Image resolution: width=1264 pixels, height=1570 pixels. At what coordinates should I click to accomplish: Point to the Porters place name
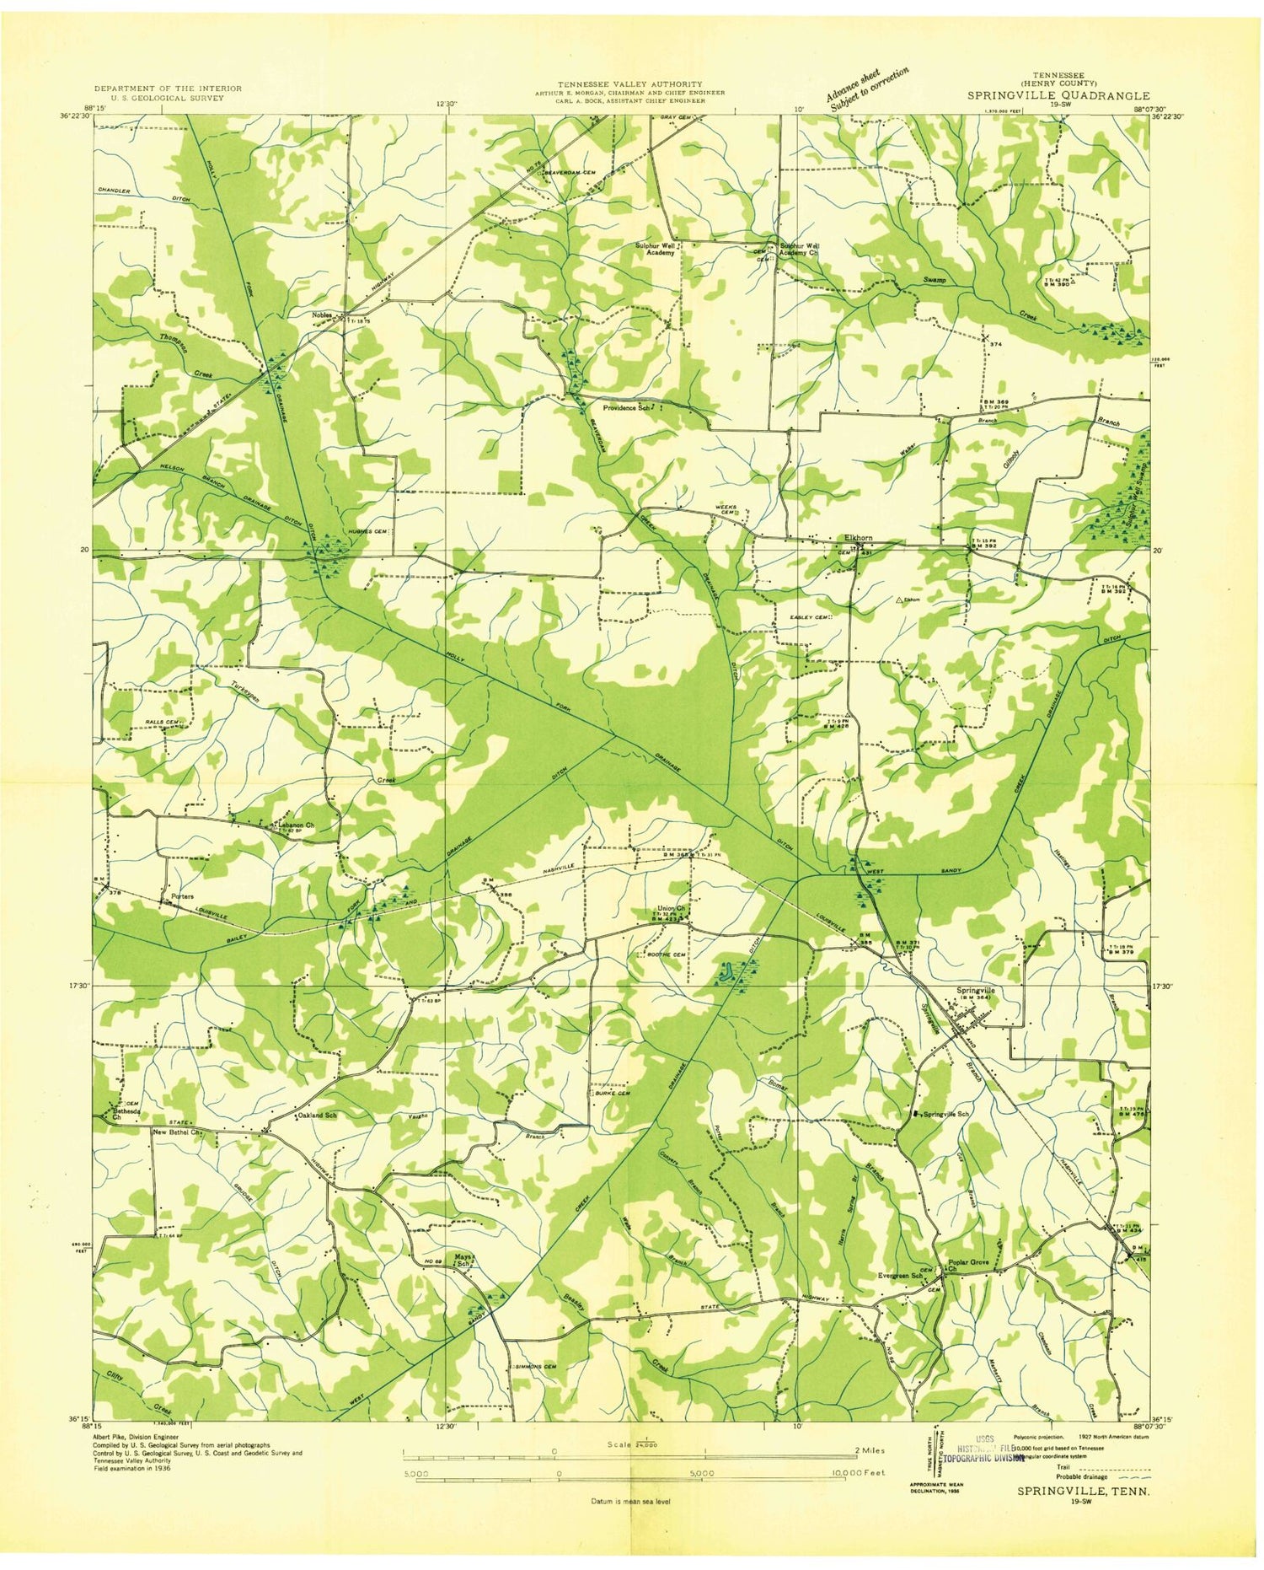pyautogui.click(x=182, y=896)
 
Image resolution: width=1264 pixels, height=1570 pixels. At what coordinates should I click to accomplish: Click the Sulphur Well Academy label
pyautogui.click(x=656, y=249)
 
